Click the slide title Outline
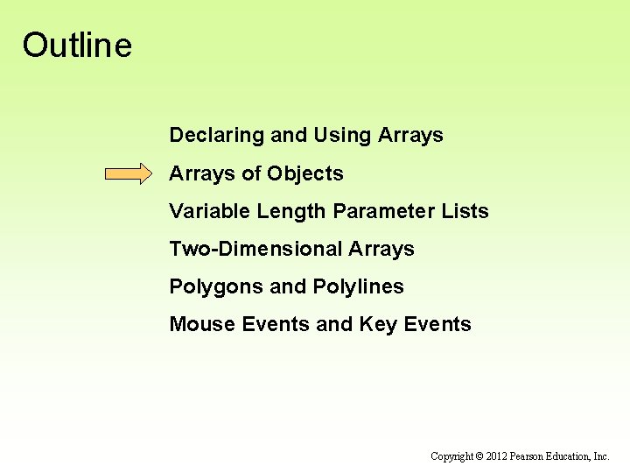coord(77,45)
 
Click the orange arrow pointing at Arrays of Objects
coord(128,173)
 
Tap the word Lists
coord(466,211)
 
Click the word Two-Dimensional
coord(255,249)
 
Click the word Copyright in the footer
coord(451,456)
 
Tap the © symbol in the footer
coord(479,456)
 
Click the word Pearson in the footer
coord(530,456)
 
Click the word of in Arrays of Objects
coord(252,173)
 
